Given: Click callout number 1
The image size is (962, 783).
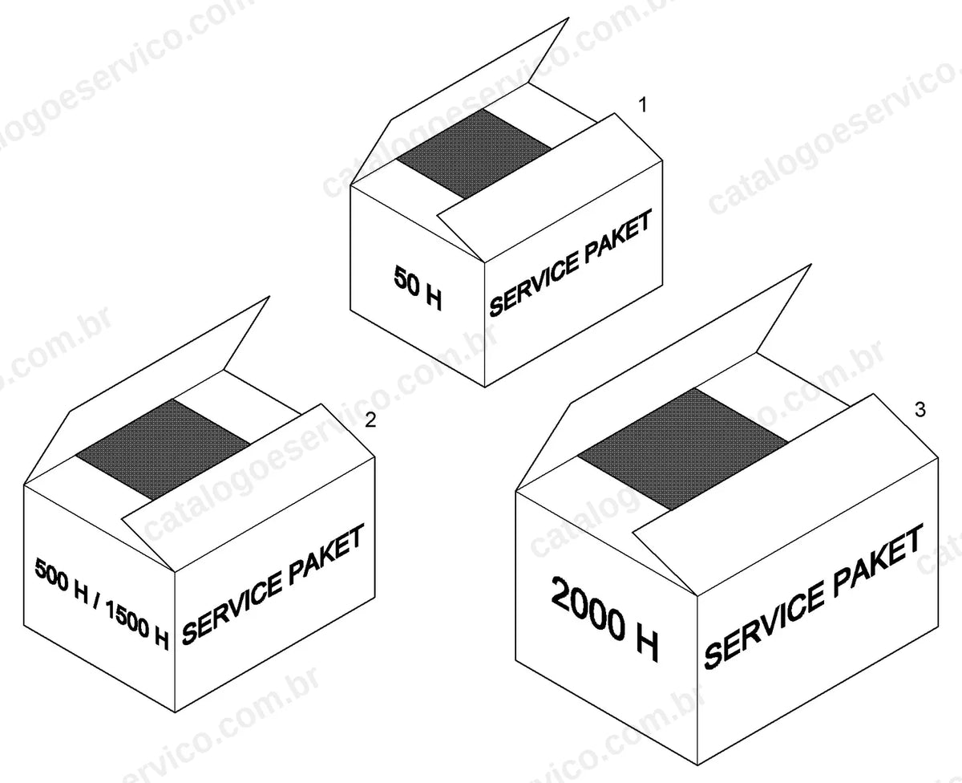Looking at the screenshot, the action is (643, 105).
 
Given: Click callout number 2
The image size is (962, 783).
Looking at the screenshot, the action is (370, 420).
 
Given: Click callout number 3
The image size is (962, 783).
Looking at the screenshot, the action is (920, 410).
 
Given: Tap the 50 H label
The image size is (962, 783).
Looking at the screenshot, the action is (418, 288).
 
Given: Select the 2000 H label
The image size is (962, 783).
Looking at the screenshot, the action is (604, 619).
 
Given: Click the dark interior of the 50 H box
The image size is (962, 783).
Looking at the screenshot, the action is (475, 153).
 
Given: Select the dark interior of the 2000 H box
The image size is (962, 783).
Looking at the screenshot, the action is (683, 449).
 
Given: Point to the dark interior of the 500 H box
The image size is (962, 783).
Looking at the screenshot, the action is (163, 449).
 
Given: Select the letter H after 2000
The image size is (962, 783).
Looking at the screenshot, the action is (647, 643).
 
